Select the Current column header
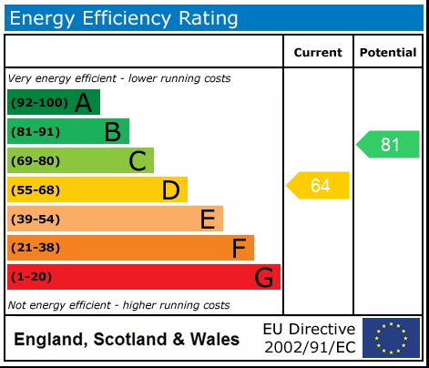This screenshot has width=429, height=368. [318, 53]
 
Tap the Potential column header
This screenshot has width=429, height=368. [388, 53]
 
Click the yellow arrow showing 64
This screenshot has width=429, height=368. [319, 186]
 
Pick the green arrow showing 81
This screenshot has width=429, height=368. [389, 145]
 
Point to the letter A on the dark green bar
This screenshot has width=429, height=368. [84, 103]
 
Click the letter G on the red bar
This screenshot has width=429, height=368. [264, 277]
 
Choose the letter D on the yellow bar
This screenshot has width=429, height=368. [170, 190]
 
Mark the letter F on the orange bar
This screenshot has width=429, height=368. [240, 248]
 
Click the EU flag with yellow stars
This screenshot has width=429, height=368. [391, 338]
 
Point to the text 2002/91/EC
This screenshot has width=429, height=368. [309, 347]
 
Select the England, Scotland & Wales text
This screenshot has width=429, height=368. [127, 340]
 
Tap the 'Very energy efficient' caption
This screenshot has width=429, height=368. [119, 78]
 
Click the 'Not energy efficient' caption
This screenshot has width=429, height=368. [118, 305]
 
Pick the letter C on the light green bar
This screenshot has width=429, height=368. [138, 161]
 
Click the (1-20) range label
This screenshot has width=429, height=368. [31, 276]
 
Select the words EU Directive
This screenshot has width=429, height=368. [309, 329]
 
